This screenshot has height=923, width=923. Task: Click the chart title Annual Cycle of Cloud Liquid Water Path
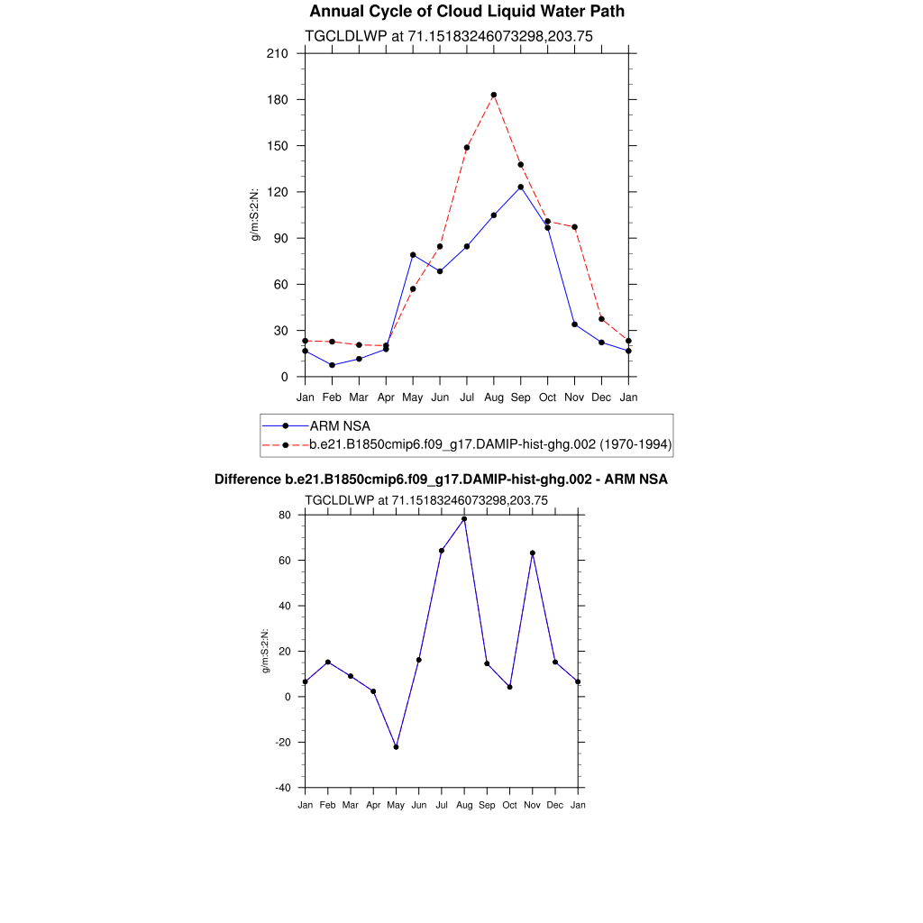tap(466, 12)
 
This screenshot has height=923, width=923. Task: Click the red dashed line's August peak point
tap(494, 95)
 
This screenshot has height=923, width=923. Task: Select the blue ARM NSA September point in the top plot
tap(521, 187)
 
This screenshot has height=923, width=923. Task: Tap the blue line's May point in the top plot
tap(413, 254)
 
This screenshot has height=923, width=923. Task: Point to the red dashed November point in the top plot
tap(575, 227)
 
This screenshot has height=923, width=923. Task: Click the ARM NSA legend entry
tap(339, 425)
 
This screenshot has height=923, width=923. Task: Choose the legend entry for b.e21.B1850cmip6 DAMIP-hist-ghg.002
tap(490, 444)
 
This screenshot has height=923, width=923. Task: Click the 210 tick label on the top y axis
tap(278, 53)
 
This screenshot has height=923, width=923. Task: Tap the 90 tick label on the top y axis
tap(281, 238)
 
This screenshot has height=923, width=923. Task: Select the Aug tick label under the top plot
tap(494, 397)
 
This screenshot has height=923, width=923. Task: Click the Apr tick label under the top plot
tap(386, 397)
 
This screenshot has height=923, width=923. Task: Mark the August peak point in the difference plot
tap(464, 518)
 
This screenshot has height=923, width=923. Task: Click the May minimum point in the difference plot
tap(396, 747)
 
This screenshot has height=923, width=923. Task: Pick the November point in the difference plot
tap(533, 553)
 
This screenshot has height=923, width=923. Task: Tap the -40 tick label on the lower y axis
tap(282, 788)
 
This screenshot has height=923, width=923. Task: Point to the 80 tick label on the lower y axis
tap(286, 515)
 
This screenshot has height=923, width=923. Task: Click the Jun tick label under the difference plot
tap(418, 805)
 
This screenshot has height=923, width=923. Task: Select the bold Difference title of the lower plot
tap(441, 480)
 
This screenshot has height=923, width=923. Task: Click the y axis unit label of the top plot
tap(255, 215)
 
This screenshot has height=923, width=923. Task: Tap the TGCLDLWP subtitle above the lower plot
tap(427, 499)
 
